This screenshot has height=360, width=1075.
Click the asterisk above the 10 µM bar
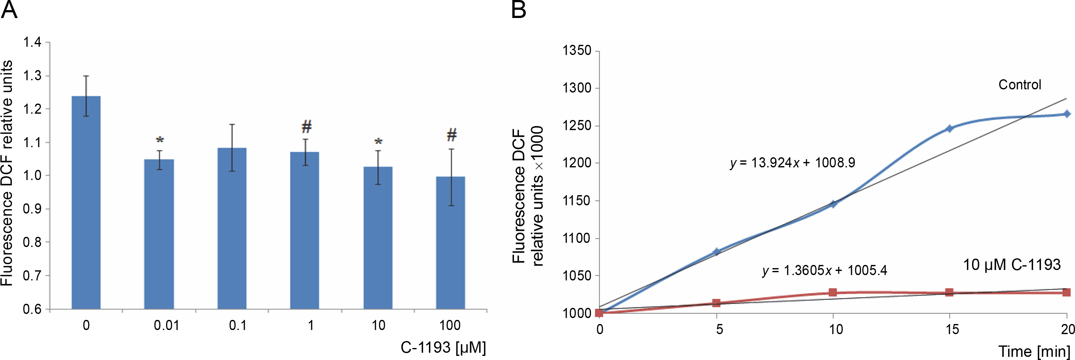point(378,142)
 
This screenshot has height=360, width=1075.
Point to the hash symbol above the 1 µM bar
point(306,126)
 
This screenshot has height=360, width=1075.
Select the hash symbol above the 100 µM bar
point(451,135)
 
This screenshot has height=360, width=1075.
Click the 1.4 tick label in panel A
point(32,43)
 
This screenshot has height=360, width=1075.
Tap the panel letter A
point(9,10)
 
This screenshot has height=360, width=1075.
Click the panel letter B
point(518,10)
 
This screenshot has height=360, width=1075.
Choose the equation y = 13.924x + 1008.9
point(792,163)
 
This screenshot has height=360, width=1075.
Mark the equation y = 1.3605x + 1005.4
point(824,271)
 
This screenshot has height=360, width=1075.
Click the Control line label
point(1019,85)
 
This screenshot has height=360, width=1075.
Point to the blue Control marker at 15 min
point(949,129)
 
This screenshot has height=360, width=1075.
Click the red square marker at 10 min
point(832,292)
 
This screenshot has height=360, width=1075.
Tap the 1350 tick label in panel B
point(577,51)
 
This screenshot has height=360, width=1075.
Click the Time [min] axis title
point(1034,351)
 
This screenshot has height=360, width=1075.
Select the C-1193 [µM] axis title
point(443,347)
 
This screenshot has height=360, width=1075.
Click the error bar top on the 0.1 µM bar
point(232,124)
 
